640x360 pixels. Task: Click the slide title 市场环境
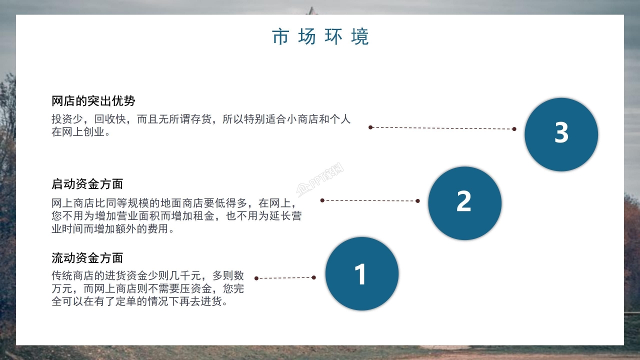(320, 37)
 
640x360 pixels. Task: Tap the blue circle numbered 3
(561, 134)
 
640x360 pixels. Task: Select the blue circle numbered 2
(464, 202)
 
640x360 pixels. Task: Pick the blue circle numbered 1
(361, 273)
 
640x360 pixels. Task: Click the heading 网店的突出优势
(93, 101)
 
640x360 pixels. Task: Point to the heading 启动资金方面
(87, 183)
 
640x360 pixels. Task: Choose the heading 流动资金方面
(87, 258)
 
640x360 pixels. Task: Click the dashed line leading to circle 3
(442, 128)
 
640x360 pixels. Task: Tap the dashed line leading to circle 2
(370, 200)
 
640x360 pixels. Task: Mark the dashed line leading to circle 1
(285, 278)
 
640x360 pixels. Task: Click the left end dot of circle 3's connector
(370, 127)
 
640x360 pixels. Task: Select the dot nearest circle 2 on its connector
(417, 201)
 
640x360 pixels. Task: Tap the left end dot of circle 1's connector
(256, 278)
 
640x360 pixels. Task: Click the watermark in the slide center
(320, 183)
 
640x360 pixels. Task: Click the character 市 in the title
(280, 37)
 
